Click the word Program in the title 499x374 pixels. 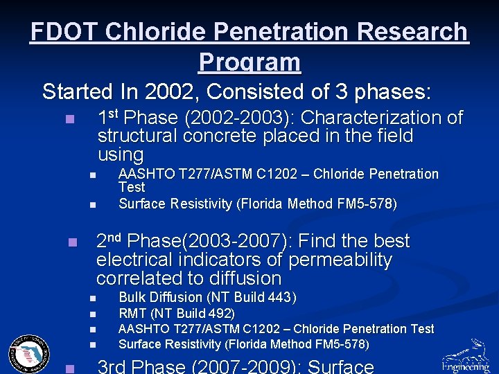(x=249, y=62)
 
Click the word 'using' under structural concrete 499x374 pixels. (x=121, y=154)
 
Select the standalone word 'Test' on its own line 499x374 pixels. (x=132, y=188)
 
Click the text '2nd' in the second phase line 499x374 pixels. (x=110, y=241)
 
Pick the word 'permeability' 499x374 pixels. (x=340, y=260)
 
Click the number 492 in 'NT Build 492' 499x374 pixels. (x=220, y=314)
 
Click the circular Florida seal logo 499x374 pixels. (x=29, y=354)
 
